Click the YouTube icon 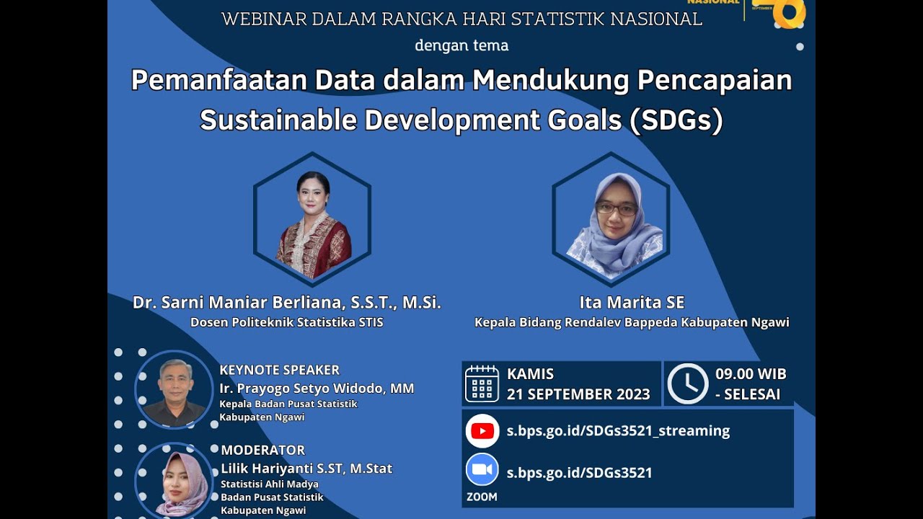[x=482, y=431]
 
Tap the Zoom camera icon [x=482, y=470]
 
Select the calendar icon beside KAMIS [x=482, y=383]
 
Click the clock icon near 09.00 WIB [x=687, y=383]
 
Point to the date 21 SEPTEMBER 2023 [x=578, y=394]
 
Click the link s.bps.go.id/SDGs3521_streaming [x=618, y=431]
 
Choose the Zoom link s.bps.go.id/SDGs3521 [x=579, y=473]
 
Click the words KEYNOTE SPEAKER [x=279, y=370]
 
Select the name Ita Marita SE [x=632, y=302]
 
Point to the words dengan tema [x=461, y=45]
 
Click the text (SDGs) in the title [x=676, y=120]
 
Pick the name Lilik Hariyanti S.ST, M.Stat [x=306, y=469]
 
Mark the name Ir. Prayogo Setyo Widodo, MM [x=317, y=389]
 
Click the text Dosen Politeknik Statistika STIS [x=286, y=322]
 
